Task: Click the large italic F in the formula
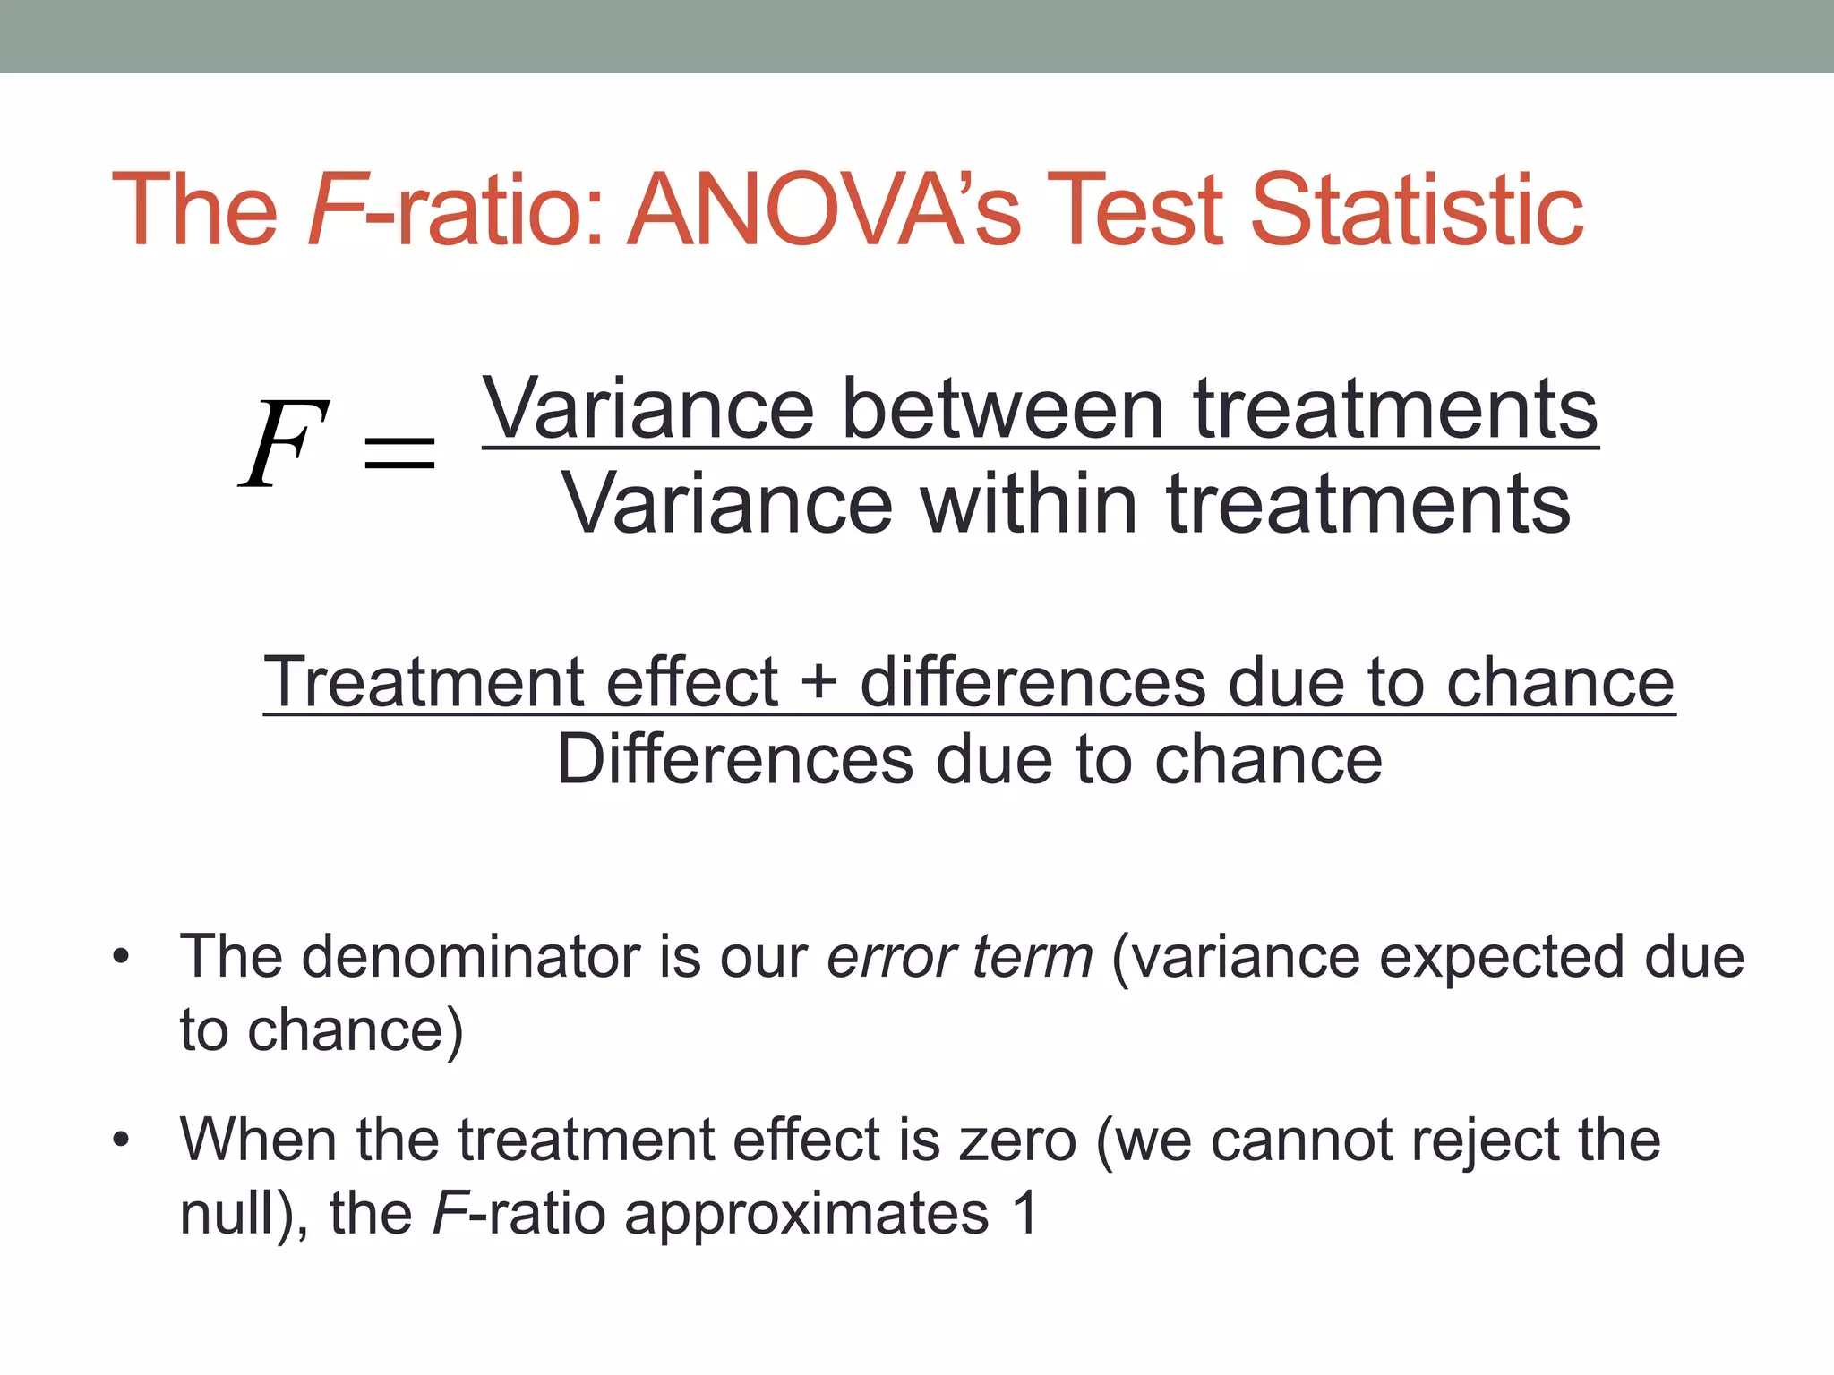tap(282, 443)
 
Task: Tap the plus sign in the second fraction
tap(818, 683)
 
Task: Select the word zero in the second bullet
tap(1017, 1141)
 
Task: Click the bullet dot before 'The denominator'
tap(121, 957)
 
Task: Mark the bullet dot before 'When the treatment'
tap(121, 1140)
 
